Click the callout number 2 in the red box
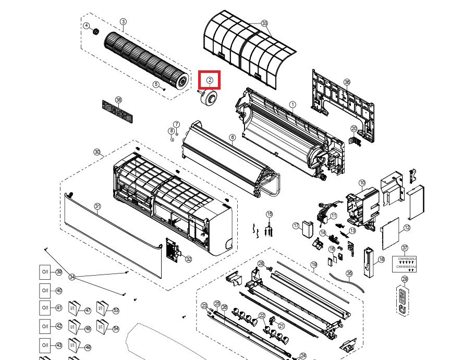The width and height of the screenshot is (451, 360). [210, 80]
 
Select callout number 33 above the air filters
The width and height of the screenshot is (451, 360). [264, 23]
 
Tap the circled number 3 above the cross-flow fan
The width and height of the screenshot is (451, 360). [123, 21]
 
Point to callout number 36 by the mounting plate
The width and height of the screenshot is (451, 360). [347, 82]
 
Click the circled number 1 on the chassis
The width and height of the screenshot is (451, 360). [292, 105]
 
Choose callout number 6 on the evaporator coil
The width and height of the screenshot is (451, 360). [233, 138]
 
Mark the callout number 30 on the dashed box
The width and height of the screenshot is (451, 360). [97, 152]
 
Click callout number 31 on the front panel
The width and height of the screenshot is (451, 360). [97, 207]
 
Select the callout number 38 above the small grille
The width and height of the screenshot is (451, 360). [118, 100]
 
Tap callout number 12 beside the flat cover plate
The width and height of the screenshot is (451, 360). [407, 228]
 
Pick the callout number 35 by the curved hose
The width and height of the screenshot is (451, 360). [349, 272]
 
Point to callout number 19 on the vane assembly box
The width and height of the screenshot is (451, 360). [314, 265]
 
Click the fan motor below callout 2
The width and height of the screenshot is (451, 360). [211, 97]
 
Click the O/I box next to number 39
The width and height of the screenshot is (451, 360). [45, 272]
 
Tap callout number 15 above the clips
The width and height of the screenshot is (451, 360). [270, 214]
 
